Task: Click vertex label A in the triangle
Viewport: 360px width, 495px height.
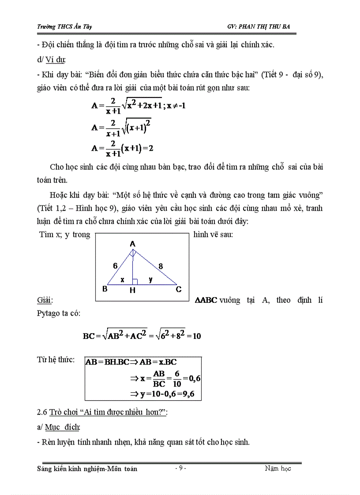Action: click(x=133, y=244)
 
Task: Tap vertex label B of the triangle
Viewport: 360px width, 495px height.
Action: click(x=105, y=289)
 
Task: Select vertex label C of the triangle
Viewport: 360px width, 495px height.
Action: click(x=178, y=289)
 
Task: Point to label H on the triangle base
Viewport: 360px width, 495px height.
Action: click(x=132, y=290)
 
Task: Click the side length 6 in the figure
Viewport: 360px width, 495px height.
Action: click(x=115, y=266)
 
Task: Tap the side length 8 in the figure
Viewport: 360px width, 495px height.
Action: click(x=161, y=266)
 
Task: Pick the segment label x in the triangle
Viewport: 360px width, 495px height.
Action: click(x=123, y=279)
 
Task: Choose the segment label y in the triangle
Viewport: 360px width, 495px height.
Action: click(x=150, y=279)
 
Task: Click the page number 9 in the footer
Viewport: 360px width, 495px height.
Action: click(x=180, y=469)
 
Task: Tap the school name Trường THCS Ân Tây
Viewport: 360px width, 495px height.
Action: click(x=64, y=27)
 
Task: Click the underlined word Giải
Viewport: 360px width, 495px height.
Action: click(x=45, y=301)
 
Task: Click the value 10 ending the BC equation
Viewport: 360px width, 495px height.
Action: click(x=197, y=336)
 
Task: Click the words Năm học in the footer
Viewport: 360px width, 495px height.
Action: click(x=277, y=469)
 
